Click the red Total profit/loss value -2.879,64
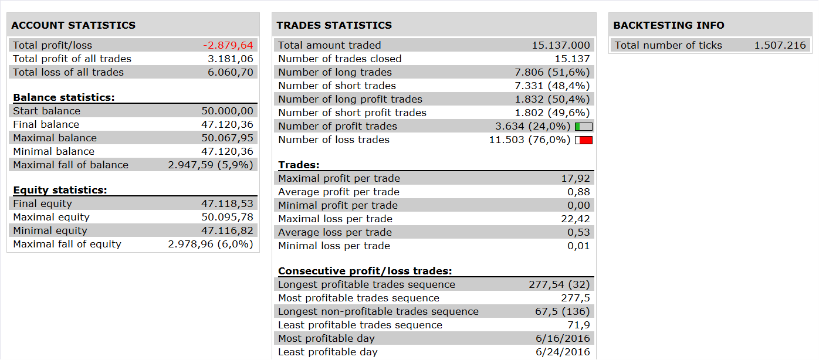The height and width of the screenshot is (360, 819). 228,45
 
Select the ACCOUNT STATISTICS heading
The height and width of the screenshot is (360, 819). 73,25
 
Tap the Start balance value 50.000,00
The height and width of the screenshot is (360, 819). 227,111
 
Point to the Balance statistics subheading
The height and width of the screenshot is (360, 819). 64,97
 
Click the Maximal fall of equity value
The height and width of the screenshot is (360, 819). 210,244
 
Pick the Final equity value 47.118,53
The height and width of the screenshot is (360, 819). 227,203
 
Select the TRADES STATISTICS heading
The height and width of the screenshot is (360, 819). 334,25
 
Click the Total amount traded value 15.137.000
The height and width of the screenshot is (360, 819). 561,45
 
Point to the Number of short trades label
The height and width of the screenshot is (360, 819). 337,86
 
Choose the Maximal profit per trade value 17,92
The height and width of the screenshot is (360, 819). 576,178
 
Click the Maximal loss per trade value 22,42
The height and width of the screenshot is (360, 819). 576,219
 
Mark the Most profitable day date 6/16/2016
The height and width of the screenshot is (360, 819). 563,338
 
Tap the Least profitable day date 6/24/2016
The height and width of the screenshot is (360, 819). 563,352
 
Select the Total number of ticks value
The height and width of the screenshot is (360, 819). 780,45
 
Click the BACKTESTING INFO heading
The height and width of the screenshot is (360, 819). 669,25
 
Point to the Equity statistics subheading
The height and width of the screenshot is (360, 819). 60,190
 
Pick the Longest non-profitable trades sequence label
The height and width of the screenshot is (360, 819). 378,311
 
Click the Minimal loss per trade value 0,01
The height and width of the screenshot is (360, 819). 578,246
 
